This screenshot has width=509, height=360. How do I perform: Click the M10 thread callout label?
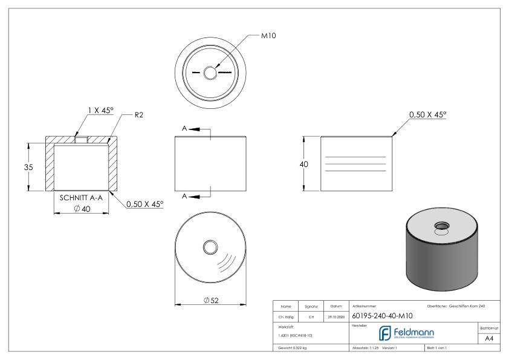click(x=268, y=36)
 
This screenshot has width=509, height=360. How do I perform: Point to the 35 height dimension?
click(x=20, y=167)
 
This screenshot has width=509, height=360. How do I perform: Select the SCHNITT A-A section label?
click(x=80, y=198)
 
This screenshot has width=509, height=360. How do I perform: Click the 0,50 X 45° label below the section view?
click(x=144, y=205)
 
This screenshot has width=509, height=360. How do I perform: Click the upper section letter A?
click(x=186, y=128)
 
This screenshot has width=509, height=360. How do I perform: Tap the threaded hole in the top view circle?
click(x=210, y=73)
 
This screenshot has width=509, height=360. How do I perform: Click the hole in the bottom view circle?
click(x=210, y=247)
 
